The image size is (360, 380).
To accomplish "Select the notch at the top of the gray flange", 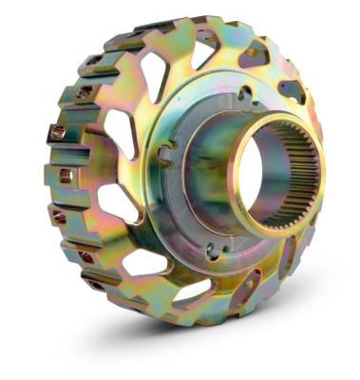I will coord(245,93).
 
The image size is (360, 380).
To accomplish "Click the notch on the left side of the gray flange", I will coord(163,153).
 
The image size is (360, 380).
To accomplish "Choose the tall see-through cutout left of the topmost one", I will coord(152,72).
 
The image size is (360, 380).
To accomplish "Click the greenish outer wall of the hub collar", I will coord(204,171).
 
